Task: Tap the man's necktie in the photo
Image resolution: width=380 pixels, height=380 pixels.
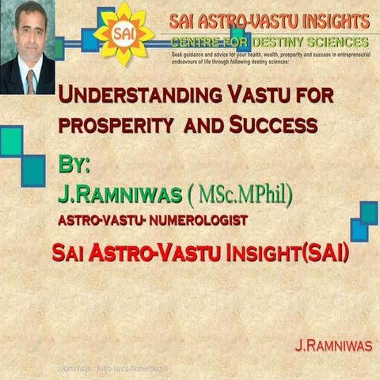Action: (x=30, y=79)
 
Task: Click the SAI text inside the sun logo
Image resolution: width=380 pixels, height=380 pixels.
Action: (x=122, y=33)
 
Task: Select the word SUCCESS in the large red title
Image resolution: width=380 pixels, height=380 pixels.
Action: (x=274, y=125)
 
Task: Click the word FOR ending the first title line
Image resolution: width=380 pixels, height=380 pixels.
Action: (x=310, y=97)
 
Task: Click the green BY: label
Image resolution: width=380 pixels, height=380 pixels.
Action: (x=74, y=165)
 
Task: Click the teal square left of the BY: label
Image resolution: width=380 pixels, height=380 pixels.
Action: (x=10, y=141)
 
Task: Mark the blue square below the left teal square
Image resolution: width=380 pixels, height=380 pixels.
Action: (x=32, y=170)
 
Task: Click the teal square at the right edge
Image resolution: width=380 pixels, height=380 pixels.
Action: (x=369, y=212)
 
